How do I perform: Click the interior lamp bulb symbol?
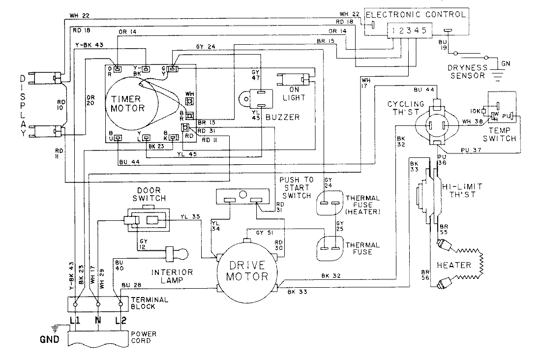(181, 254)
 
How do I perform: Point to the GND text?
(50, 339)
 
